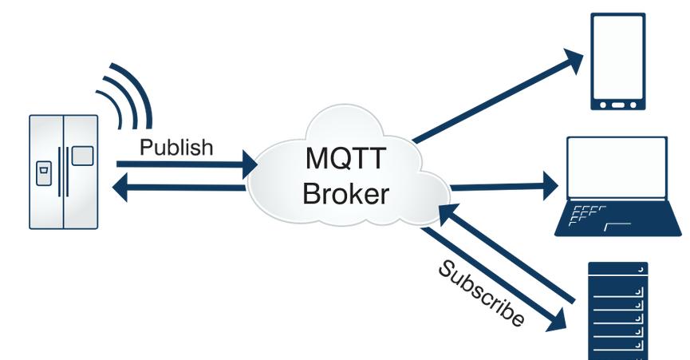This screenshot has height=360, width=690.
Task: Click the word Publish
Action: [x=176, y=148]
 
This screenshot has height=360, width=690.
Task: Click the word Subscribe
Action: [x=481, y=293]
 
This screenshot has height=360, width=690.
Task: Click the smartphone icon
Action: [x=617, y=61]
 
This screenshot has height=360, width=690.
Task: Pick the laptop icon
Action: [x=617, y=187]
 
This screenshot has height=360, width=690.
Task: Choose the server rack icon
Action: [x=618, y=311]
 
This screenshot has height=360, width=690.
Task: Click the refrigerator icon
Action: [x=64, y=172]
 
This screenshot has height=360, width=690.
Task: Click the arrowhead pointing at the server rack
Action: [x=556, y=319]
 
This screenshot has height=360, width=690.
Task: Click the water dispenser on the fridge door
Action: [x=45, y=171]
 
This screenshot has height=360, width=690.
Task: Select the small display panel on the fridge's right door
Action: [x=82, y=155]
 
